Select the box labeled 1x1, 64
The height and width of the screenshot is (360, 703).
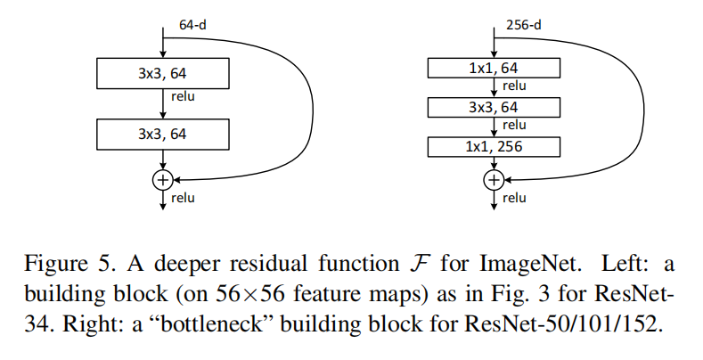click(x=494, y=68)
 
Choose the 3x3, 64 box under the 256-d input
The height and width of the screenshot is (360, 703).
click(x=494, y=107)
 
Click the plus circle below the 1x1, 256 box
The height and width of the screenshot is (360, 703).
click(x=493, y=180)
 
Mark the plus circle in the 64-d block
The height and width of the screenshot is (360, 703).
click(x=162, y=180)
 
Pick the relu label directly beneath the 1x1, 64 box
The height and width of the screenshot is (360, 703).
click(x=514, y=86)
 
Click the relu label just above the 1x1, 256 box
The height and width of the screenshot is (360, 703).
click(x=514, y=126)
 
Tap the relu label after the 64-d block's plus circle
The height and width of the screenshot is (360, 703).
click(x=183, y=198)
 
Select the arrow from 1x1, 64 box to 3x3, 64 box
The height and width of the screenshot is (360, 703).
click(x=494, y=87)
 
